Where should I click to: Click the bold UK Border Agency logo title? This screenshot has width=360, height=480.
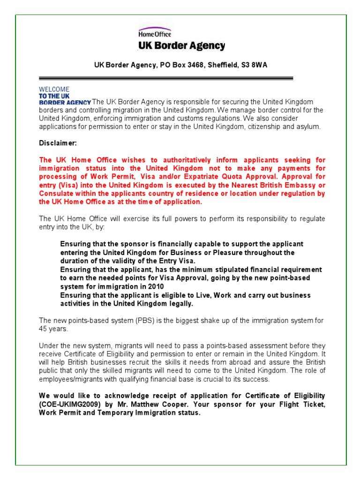181,46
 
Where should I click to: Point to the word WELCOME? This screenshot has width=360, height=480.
54,89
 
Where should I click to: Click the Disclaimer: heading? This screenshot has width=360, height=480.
57,142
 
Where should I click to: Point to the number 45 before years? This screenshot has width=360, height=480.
43,329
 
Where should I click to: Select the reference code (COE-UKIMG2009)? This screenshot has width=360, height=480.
70,405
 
